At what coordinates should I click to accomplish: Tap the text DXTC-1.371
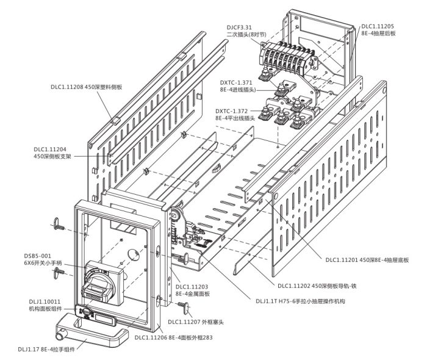(236, 82)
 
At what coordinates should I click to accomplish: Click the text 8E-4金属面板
(193, 294)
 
